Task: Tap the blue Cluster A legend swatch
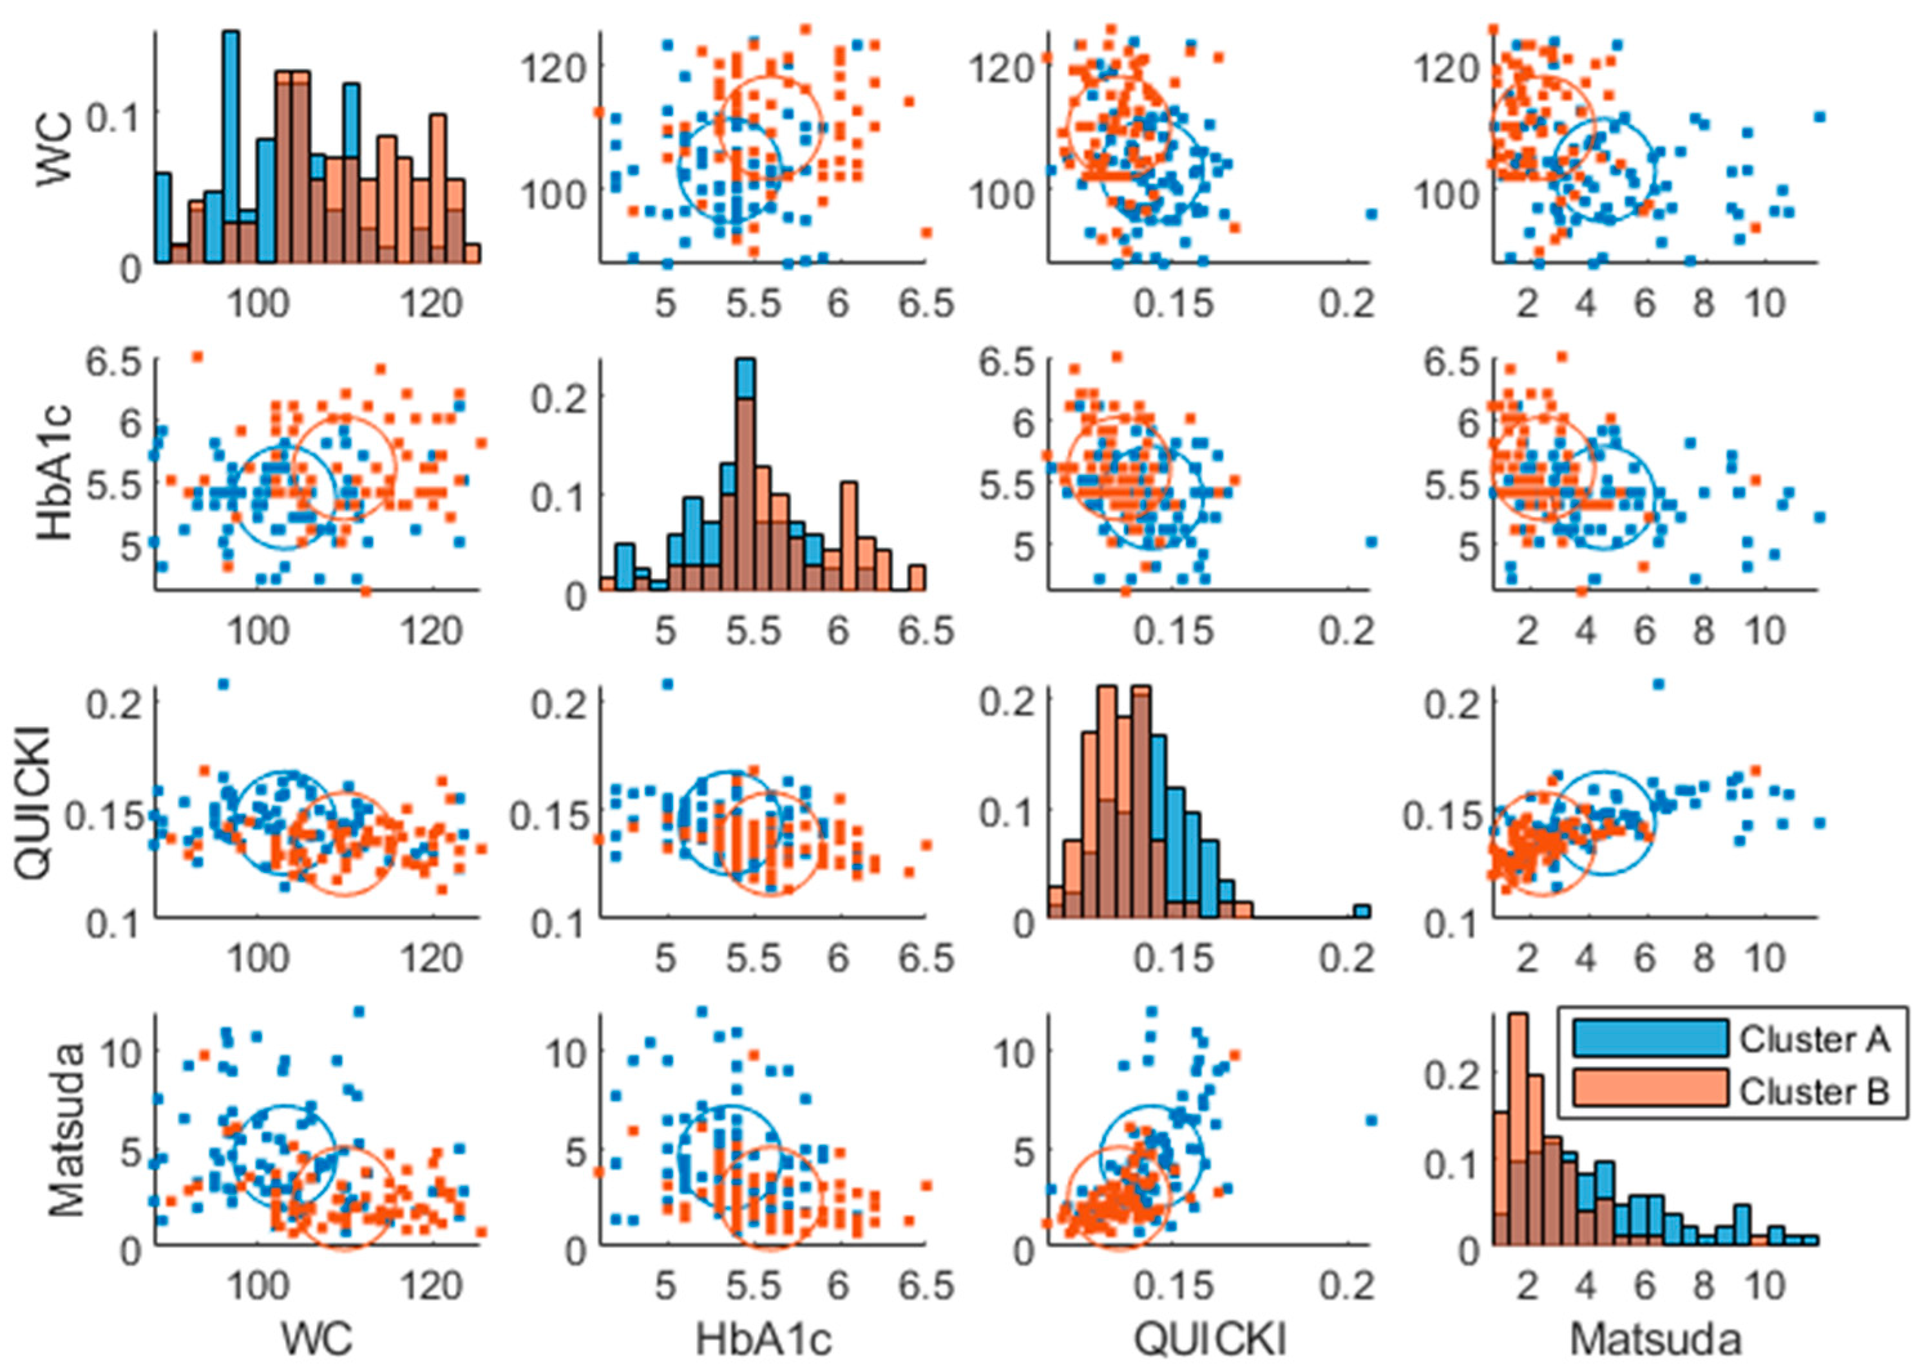(x=1650, y=1038)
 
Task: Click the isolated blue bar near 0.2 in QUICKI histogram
(x=1361, y=912)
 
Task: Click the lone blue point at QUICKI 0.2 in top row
(x=1371, y=214)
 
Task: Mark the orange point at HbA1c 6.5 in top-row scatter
(x=927, y=232)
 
